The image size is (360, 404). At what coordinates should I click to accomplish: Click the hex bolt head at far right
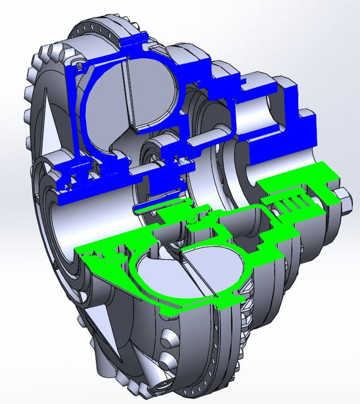point(347,201)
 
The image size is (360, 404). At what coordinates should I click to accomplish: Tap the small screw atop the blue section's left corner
point(77,64)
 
